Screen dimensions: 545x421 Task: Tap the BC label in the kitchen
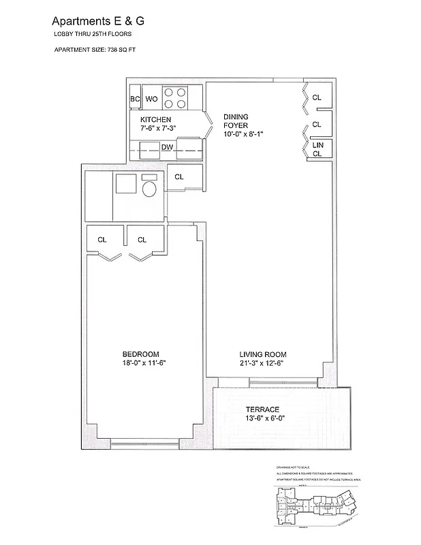pos(135,99)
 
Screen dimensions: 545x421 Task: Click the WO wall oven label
pos(151,99)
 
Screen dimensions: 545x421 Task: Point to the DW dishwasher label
pos(167,147)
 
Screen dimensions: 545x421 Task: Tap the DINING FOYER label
pos(236,121)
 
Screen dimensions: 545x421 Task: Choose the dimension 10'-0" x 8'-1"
pos(243,135)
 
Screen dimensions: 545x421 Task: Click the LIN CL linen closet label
pos(317,150)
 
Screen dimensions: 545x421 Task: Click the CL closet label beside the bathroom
pos(179,177)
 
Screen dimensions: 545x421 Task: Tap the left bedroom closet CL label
pos(102,240)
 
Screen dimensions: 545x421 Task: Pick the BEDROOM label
pos(140,354)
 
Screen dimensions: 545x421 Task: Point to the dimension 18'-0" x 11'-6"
pos(140,363)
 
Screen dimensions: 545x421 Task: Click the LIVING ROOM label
pos(262,354)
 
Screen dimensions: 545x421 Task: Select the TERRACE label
pos(262,409)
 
